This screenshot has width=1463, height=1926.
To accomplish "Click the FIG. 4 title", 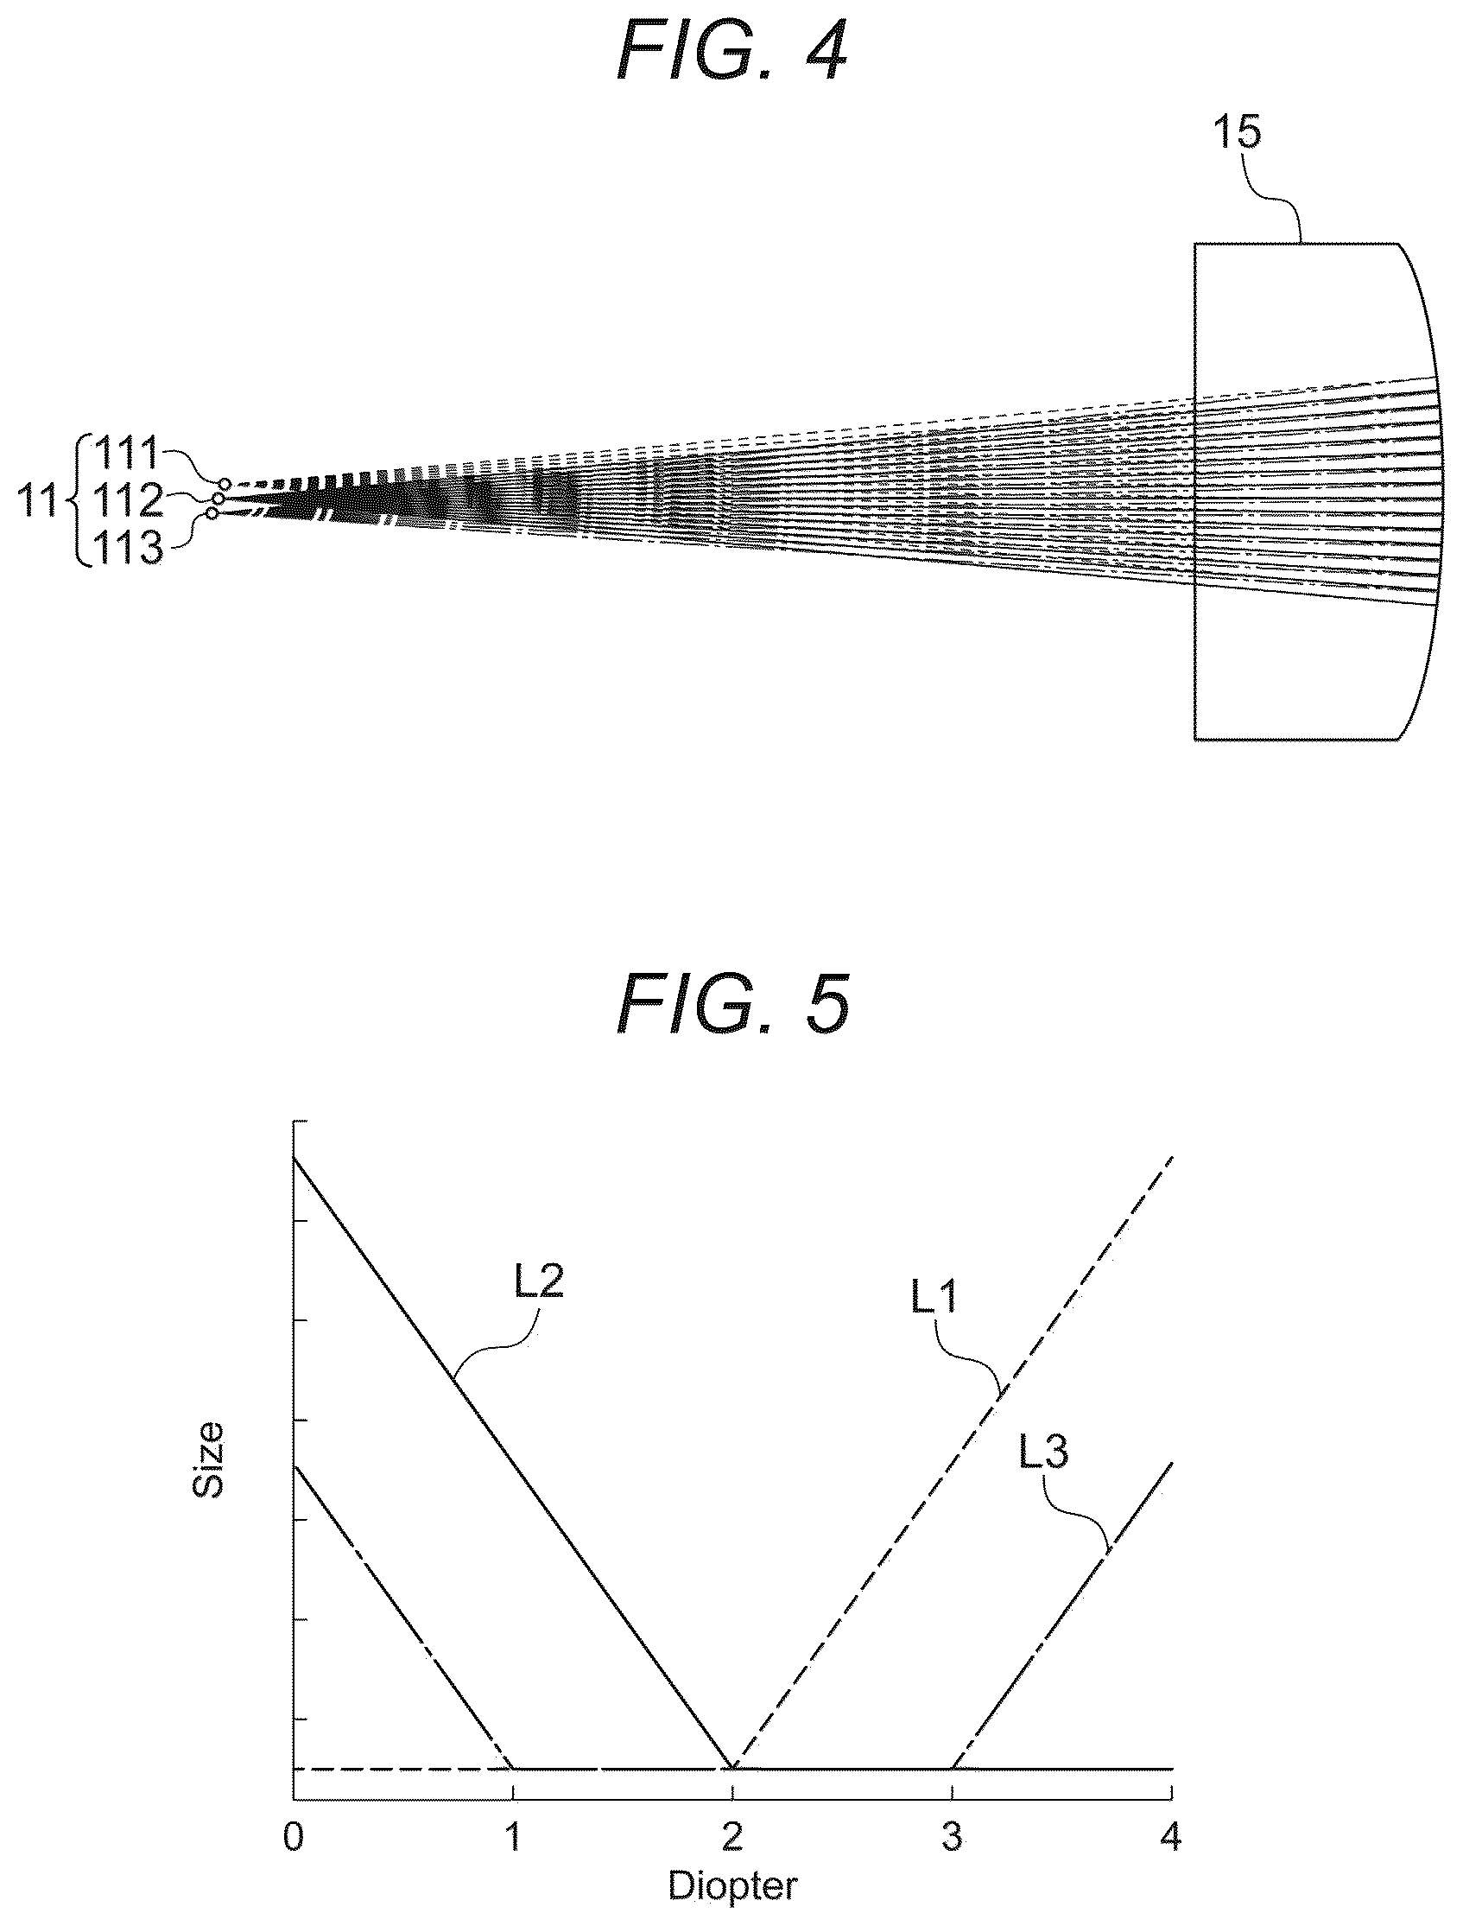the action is [731, 54].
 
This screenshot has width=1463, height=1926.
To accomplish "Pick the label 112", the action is [128, 500].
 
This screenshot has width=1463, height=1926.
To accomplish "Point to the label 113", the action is [128, 548].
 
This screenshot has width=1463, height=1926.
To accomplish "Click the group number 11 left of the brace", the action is [38, 502].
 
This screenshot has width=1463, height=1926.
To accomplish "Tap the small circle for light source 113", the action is [212, 513].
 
